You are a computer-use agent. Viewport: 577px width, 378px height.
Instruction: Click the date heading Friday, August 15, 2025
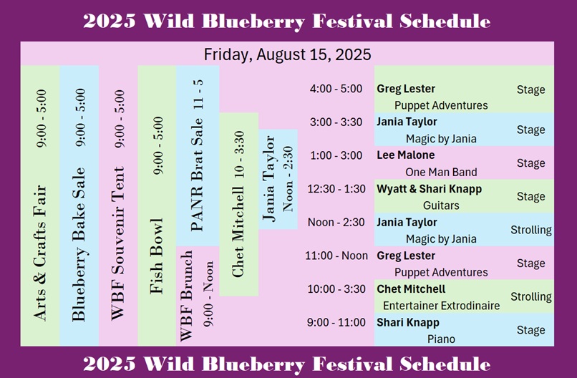[x=287, y=54]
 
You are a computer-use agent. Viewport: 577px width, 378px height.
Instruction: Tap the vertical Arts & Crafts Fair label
[x=40, y=253]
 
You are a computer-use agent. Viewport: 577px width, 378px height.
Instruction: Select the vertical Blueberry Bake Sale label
[x=79, y=244]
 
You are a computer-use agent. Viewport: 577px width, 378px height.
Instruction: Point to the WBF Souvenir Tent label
[x=118, y=243]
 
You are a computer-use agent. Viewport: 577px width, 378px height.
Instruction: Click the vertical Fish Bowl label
[x=157, y=256]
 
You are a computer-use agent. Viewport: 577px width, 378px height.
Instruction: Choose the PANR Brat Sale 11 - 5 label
[x=198, y=155]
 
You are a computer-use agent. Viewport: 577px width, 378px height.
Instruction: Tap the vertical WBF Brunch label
[x=186, y=296]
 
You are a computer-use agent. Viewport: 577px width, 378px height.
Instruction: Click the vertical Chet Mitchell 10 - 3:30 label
[x=238, y=204]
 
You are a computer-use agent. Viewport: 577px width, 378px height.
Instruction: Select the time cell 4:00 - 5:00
[x=336, y=89]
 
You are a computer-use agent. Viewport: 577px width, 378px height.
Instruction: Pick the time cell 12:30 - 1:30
[x=336, y=189]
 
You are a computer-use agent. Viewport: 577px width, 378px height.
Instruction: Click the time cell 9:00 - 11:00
[x=336, y=322]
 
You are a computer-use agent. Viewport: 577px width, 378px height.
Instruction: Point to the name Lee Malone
[x=405, y=155]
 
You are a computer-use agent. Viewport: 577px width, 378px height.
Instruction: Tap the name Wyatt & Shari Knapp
[x=429, y=189]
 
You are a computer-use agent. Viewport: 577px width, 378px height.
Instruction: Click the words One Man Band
[x=441, y=172]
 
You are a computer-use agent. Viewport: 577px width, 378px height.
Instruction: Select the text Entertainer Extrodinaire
[x=441, y=306]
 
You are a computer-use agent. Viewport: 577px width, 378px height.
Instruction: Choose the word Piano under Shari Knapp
[x=441, y=339]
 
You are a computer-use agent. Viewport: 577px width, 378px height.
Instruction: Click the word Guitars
[x=441, y=205]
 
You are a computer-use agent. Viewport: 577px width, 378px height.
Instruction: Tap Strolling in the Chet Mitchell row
[x=531, y=296]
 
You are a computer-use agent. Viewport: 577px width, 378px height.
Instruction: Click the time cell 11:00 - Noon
[x=336, y=256]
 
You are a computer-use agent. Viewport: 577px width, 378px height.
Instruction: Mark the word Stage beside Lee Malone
[x=530, y=163]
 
